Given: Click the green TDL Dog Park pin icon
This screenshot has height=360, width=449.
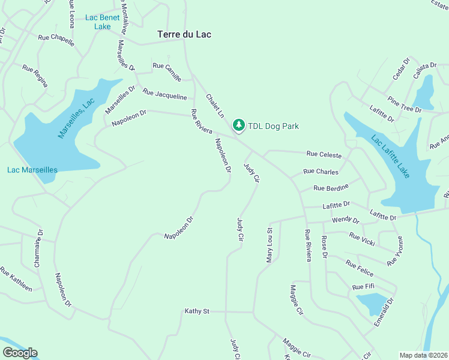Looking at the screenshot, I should click(239, 125).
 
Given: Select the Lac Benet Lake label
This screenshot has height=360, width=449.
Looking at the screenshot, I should click(102, 22).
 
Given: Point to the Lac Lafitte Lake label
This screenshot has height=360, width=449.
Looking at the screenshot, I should click(391, 157).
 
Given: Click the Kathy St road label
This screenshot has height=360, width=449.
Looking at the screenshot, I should click(197, 311).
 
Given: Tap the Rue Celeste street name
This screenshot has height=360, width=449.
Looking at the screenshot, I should click(324, 155).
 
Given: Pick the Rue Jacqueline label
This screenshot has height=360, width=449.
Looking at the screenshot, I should click(164, 94).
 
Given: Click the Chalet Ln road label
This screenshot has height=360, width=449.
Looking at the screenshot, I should click(215, 106).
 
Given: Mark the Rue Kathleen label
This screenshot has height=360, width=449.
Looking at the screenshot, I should click(16, 279).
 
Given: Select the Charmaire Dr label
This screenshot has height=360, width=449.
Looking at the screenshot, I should click(38, 249).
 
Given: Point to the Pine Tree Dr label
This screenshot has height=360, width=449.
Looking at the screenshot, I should click(405, 104).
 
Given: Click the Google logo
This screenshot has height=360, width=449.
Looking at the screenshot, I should click(20, 353).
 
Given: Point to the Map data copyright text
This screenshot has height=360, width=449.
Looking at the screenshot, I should click(423, 355).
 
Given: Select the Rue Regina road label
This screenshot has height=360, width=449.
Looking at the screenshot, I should click(35, 76).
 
